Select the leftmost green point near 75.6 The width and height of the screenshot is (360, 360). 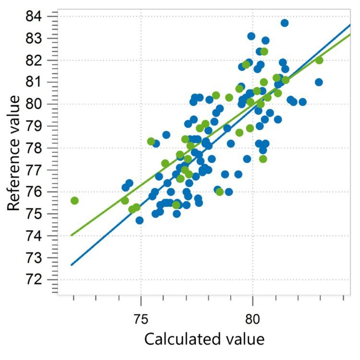click(x=74, y=201)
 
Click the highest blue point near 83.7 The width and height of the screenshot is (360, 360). click(x=285, y=23)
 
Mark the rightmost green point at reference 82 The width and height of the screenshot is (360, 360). click(x=319, y=60)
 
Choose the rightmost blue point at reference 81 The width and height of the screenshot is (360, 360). click(x=319, y=82)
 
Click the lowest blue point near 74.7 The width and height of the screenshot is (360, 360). click(x=139, y=220)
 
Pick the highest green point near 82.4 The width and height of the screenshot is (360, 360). click(x=264, y=51)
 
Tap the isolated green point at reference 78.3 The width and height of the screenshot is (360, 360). click(x=151, y=141)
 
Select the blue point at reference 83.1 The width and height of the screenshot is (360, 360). click(x=251, y=36)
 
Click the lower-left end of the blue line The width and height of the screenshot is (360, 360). click(x=71, y=264)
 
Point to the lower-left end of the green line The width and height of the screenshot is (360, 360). click(x=71, y=235)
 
